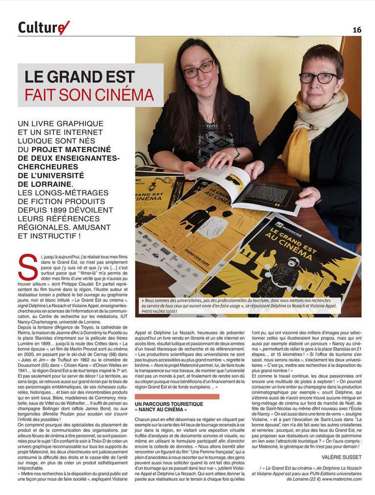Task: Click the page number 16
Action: [357, 30]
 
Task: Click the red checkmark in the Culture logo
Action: [63, 27]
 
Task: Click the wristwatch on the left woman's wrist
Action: [237, 152]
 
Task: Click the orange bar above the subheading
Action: [177, 396]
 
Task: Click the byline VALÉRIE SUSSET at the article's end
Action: [341, 456]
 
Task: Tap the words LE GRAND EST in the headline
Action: [80, 77]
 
